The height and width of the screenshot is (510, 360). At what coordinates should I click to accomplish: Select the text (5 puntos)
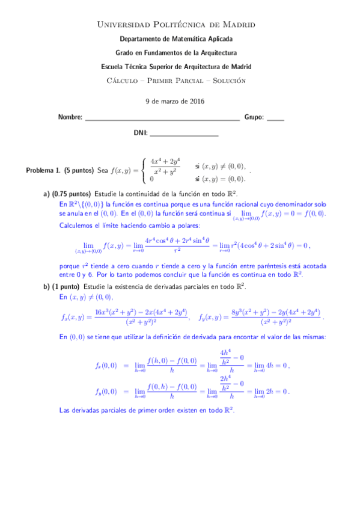coord(79,171)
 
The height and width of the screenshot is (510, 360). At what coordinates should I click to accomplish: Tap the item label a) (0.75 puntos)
coord(67,194)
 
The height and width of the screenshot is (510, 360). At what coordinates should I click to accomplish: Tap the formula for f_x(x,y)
coord(124,317)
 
